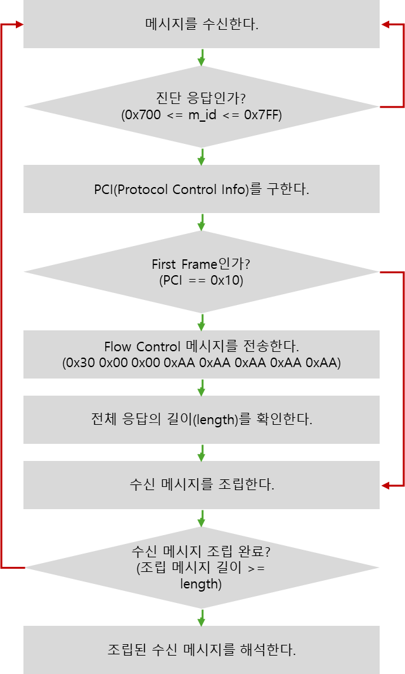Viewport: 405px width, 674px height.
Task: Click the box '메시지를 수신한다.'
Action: pyautogui.click(x=202, y=24)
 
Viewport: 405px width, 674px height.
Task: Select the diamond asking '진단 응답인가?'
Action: pyautogui.click(x=202, y=107)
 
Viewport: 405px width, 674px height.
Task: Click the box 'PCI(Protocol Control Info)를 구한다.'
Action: pyautogui.click(x=202, y=189)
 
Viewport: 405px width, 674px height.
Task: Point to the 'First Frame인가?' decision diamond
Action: pyautogui.click(x=202, y=271)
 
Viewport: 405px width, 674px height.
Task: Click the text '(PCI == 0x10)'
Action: pyautogui.click(x=202, y=280)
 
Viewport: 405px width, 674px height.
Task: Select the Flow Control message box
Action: pyautogui.click(x=202, y=355)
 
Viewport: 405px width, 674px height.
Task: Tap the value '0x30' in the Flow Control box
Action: pyautogui.click(x=82, y=364)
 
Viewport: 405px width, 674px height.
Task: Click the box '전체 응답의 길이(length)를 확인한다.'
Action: pyautogui.click(x=202, y=420)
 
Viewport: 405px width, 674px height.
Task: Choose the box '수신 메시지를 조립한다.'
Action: pyautogui.click(x=202, y=485)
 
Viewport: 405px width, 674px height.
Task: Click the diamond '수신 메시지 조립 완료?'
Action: pyautogui.click(x=202, y=566)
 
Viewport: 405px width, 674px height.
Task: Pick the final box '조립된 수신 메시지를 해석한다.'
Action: pyautogui.click(x=202, y=650)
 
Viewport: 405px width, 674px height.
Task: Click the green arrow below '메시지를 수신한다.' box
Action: pyautogui.click(x=202, y=57)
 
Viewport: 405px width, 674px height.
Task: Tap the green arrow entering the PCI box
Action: pyautogui.click(x=202, y=157)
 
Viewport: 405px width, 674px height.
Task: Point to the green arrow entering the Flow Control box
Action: pyautogui.click(x=202, y=321)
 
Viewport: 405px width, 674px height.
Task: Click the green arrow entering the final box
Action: pyautogui.click(x=202, y=617)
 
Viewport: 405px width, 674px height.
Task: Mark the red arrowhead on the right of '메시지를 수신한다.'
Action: pyautogui.click(x=385, y=24)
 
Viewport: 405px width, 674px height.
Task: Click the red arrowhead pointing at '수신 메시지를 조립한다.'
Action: pyautogui.click(x=385, y=486)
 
